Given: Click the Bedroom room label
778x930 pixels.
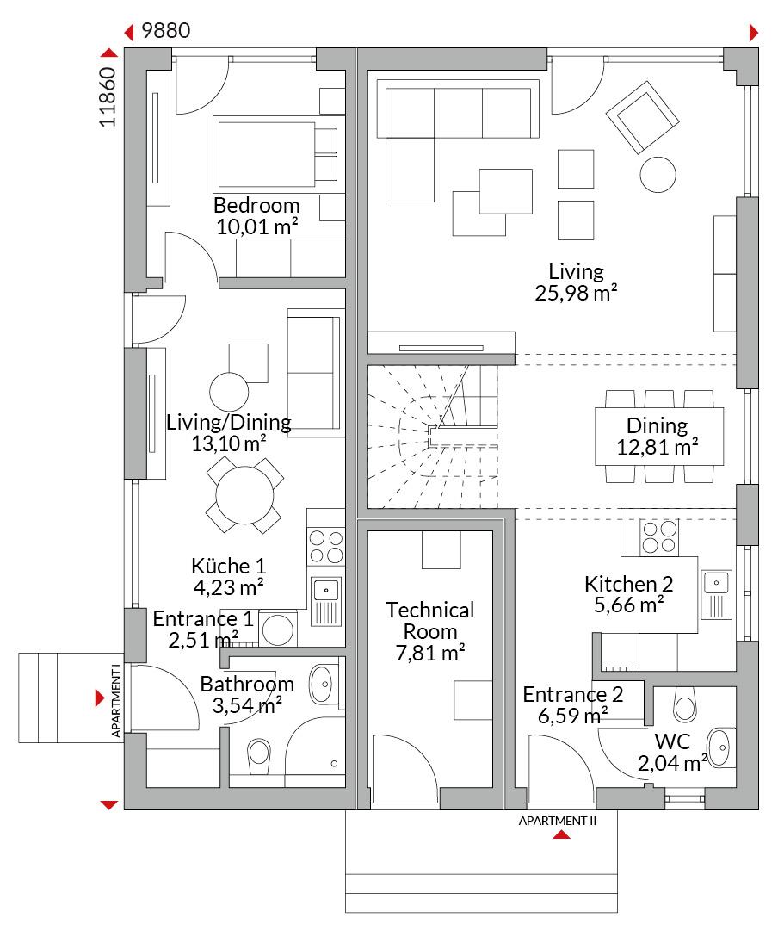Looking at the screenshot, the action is tap(256, 205).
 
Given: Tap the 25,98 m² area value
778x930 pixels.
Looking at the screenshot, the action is tap(576, 293).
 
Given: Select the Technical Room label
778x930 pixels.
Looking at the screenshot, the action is tap(430, 620).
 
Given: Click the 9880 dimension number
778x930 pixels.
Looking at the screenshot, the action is tap(165, 30).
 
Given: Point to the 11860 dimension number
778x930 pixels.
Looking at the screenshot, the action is tap(108, 96).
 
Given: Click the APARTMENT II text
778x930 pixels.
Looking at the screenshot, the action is tap(558, 821).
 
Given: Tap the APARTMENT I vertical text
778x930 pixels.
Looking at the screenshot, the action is tap(115, 700).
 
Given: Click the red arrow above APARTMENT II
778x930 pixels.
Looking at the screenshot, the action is tap(561, 834).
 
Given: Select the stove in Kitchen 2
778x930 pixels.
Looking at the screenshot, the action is tap(659, 536).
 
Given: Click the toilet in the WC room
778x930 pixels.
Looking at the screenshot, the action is tap(685, 704).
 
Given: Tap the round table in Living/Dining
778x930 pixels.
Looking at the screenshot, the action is tap(245, 495).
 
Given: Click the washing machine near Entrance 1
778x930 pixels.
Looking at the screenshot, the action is tap(277, 629).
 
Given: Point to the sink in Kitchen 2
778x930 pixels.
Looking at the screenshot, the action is tap(716, 595).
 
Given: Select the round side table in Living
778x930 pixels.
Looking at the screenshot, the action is tap(658, 174).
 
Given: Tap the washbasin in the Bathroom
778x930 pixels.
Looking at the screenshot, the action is tap(324, 684).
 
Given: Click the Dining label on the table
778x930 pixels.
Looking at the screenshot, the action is tap(657, 425).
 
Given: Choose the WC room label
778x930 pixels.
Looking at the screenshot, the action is tap(672, 741).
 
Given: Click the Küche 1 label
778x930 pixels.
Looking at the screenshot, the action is tap(228, 566).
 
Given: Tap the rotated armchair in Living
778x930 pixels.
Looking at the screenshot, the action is tap(642, 117).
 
